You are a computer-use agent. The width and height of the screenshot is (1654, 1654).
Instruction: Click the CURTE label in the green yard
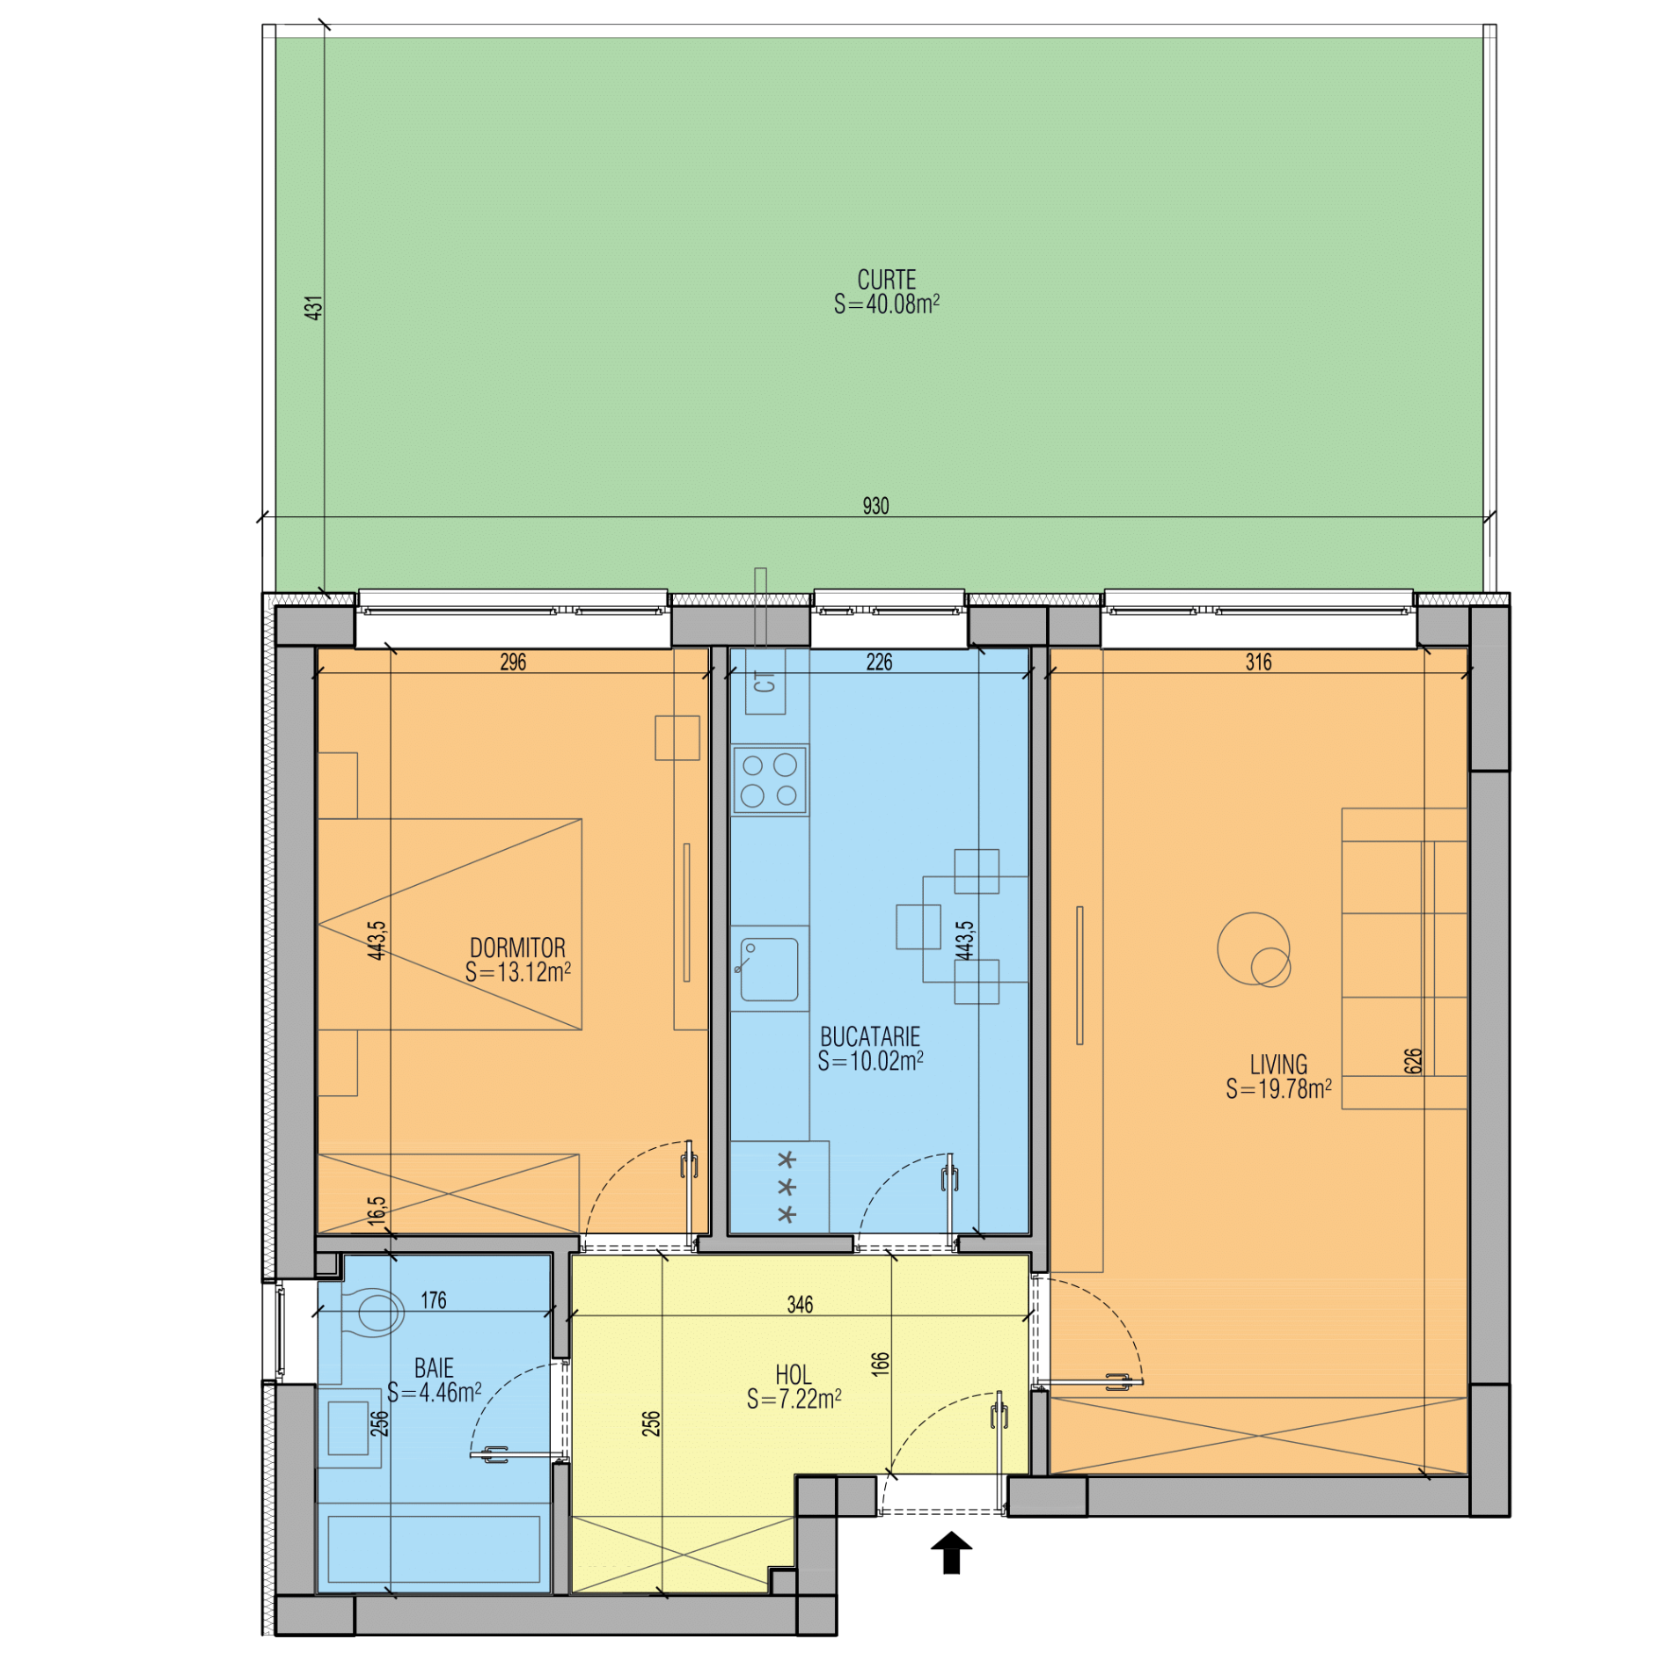click(886, 280)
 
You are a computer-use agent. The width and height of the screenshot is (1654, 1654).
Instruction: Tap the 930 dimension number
click(875, 506)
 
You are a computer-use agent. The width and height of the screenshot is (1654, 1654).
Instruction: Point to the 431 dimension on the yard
click(314, 307)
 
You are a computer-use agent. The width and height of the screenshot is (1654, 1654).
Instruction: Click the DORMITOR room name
click(517, 948)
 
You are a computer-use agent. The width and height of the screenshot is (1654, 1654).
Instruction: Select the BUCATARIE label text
click(870, 1036)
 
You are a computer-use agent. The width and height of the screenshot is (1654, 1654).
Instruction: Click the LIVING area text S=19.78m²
click(1278, 1089)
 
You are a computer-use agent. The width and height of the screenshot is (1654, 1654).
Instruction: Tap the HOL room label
click(793, 1374)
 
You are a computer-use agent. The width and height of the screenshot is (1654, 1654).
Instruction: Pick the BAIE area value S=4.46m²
click(434, 1393)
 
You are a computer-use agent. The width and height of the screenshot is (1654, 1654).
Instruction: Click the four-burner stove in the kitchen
click(770, 780)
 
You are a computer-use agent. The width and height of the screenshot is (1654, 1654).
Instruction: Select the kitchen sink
click(768, 969)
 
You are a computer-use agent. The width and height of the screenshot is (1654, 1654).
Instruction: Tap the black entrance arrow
click(951, 1553)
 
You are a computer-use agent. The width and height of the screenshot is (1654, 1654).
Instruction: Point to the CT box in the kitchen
click(765, 682)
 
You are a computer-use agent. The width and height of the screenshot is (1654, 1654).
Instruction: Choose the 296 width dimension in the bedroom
click(513, 662)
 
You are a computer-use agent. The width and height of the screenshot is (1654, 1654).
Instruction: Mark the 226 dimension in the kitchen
click(879, 662)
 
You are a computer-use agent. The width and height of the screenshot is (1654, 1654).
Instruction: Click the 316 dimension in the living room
click(1258, 662)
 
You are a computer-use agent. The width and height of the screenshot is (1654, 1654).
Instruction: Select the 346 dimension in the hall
click(800, 1305)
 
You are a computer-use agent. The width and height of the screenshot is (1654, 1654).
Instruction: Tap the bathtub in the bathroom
click(434, 1548)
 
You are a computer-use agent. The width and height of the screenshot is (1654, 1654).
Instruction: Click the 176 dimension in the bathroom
click(433, 1300)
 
